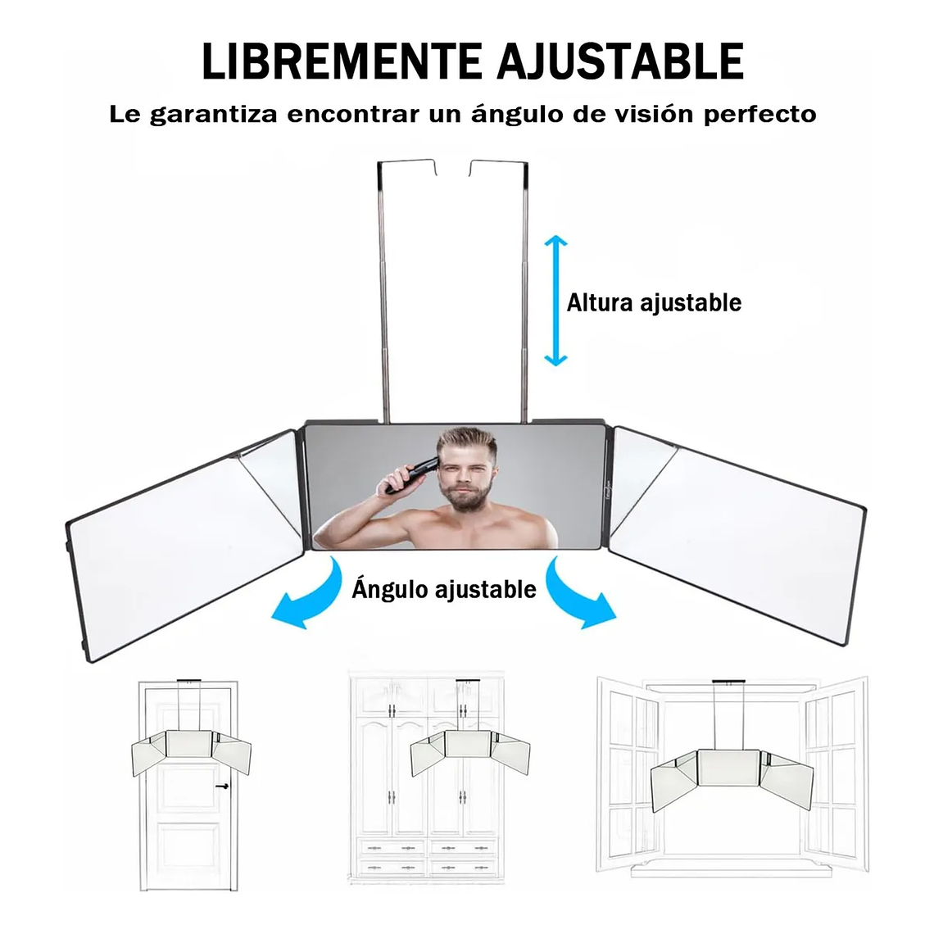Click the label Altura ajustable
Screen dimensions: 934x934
[x=654, y=303]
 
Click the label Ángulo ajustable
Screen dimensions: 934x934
[x=444, y=589]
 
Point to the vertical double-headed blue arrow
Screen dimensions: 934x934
[x=556, y=301]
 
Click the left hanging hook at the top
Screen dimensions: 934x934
[x=382, y=169]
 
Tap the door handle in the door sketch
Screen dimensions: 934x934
[x=221, y=786]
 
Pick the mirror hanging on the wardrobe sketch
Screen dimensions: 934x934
[x=467, y=750]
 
